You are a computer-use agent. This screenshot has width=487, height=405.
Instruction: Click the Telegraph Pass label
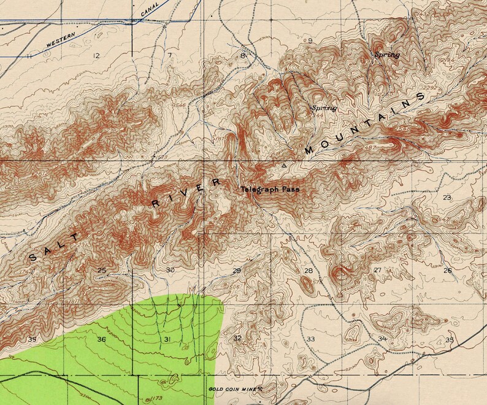270,190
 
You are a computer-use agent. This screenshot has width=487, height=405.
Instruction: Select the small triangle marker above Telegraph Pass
283,166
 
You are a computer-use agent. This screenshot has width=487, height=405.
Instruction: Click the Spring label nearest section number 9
386,55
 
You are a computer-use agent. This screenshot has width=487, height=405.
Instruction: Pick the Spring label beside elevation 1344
324,108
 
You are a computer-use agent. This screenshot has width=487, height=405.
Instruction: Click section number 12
95,56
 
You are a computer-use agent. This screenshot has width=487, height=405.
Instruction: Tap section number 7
169,56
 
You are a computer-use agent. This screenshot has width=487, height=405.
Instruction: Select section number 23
447,197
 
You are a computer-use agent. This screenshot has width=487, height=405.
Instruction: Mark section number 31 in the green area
166,339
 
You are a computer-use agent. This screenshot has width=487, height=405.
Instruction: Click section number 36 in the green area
101,339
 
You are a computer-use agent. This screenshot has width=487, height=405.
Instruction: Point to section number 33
311,339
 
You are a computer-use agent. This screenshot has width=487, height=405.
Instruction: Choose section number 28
309,271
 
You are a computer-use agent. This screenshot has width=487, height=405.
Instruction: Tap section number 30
171,270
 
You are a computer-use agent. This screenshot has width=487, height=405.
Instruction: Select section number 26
447,271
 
